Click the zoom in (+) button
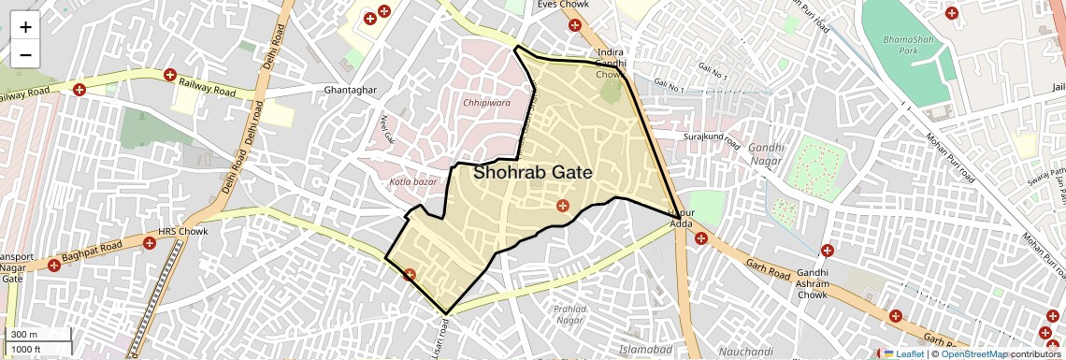(x=25, y=27)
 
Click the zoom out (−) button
(x=25, y=54)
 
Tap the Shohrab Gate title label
(x=532, y=173)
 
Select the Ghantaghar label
(x=349, y=90)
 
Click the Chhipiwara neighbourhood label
(x=486, y=103)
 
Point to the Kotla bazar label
(x=412, y=181)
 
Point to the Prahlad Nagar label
(x=569, y=314)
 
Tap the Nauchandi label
(x=747, y=351)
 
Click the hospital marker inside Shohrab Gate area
(x=562, y=206)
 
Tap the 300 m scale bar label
(x=24, y=335)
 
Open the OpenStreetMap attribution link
(x=973, y=353)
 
